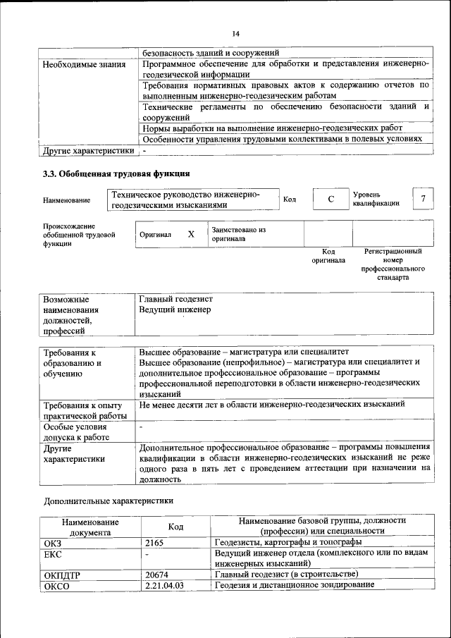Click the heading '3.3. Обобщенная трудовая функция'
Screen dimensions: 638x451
[116, 173]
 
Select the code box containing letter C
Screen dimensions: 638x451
[330, 200]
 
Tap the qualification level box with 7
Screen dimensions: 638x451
[423, 199]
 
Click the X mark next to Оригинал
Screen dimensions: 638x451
[191, 234]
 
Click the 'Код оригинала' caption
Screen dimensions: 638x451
[328, 255]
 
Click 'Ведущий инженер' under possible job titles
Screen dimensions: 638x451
[175, 309]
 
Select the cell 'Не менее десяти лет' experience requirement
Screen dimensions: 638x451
[271, 405]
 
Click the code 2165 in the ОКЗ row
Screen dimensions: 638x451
[154, 542]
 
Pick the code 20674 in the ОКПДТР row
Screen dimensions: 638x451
[156, 575]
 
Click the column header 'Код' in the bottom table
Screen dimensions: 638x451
[175, 526]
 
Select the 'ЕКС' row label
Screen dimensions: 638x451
[54, 553]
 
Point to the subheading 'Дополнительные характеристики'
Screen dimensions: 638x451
[108, 501]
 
